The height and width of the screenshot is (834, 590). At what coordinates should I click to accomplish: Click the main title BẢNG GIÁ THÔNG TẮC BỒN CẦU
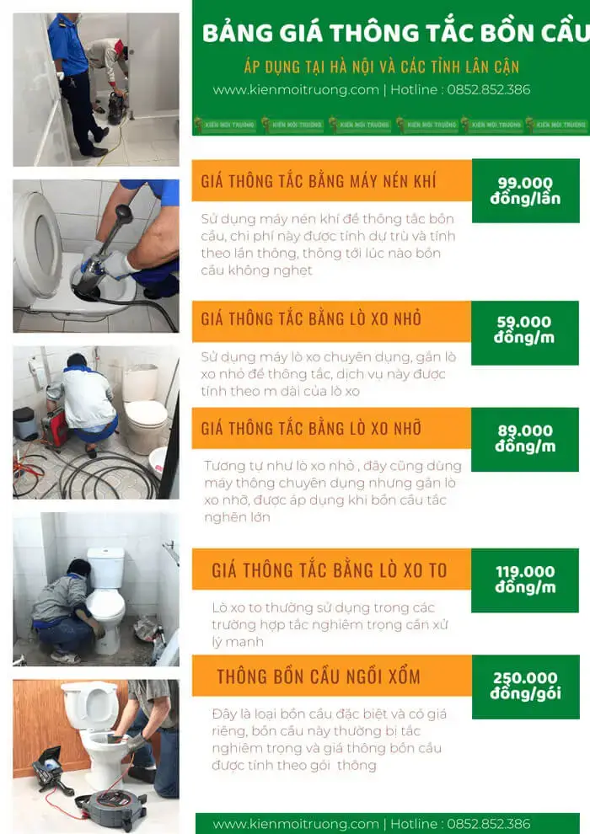coord(394,34)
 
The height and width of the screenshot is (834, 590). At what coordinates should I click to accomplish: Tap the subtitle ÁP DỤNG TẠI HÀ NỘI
coord(381,67)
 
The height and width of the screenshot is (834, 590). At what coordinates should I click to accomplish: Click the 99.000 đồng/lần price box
coord(525,191)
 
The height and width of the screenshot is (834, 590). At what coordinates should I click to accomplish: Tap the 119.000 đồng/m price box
coord(524,580)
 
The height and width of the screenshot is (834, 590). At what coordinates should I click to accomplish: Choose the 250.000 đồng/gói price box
coord(524,686)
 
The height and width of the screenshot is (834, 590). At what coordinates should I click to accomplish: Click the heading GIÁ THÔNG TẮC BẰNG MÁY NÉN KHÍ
coord(330,180)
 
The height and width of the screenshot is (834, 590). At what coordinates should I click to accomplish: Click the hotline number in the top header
coord(489,90)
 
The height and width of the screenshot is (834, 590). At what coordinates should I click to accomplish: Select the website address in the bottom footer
coord(296,824)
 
